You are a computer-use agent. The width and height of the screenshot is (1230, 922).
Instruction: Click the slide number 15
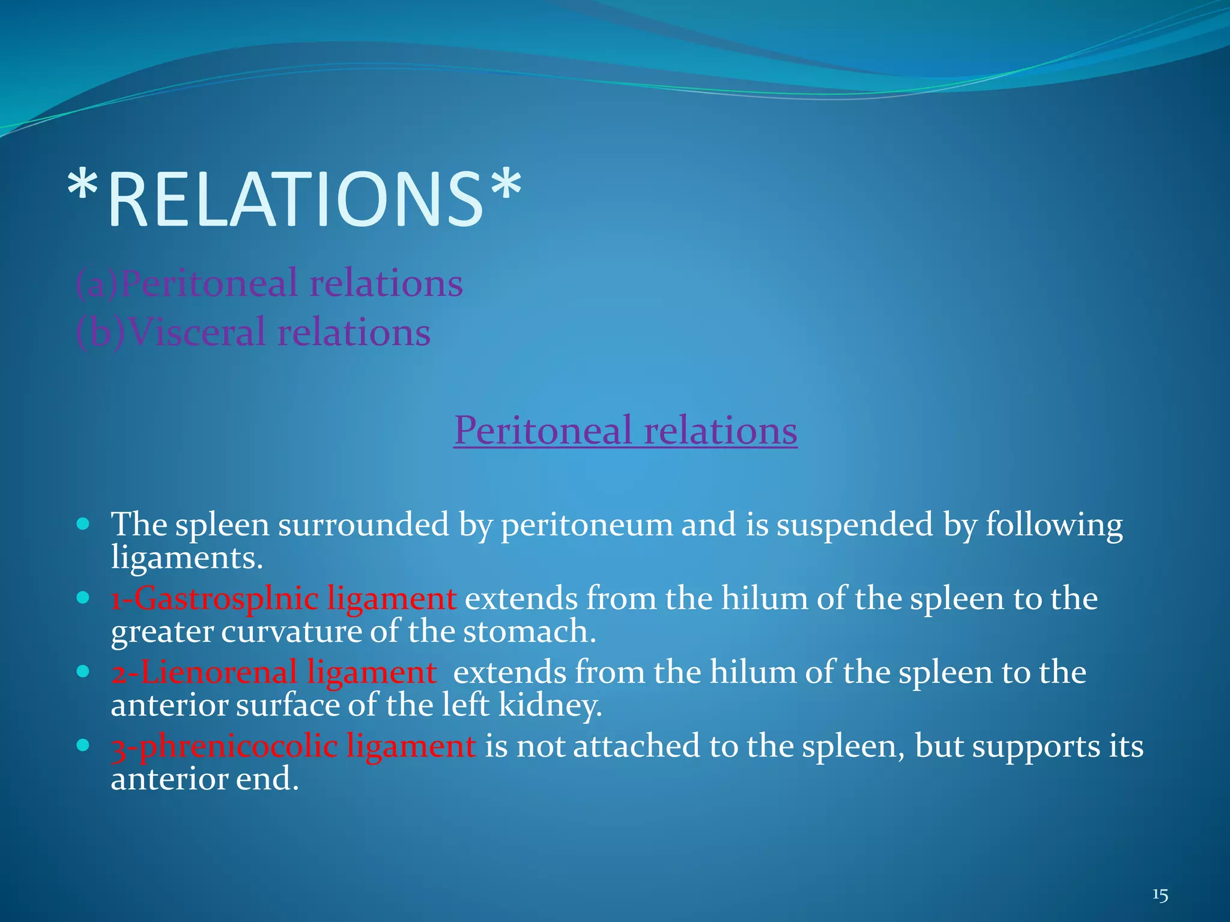[x=1160, y=896]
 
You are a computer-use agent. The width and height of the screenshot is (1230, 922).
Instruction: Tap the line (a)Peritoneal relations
[x=269, y=283]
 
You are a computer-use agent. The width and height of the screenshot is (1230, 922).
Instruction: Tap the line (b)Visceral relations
[x=253, y=332]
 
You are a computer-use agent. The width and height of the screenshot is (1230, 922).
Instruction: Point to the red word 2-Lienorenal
[x=204, y=672]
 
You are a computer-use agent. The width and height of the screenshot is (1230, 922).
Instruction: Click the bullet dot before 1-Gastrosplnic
[x=83, y=598]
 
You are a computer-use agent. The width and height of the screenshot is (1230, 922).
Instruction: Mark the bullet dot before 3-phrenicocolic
[x=83, y=746]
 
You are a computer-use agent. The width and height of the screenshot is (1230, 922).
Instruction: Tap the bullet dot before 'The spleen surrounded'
[x=83, y=524]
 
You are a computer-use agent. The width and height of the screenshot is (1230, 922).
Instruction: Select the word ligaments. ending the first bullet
[x=187, y=558]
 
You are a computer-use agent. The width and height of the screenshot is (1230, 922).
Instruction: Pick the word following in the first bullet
[x=1054, y=525]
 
